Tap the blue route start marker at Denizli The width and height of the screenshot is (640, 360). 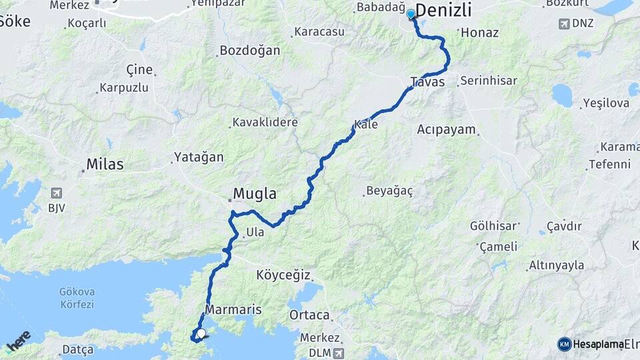[411, 13]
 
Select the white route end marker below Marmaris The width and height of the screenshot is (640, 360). [201, 333]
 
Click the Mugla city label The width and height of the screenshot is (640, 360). [254, 194]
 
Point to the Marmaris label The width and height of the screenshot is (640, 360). [233, 310]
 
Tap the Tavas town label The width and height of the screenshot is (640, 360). [427, 82]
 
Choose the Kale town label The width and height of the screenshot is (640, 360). [367, 125]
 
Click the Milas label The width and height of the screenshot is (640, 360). [105, 164]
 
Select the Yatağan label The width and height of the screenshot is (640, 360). [199, 157]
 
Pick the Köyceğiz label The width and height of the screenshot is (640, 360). [284, 274]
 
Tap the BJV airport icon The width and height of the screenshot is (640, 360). [55, 193]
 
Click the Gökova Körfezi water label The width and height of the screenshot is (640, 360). [77, 298]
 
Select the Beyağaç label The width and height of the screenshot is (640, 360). [389, 191]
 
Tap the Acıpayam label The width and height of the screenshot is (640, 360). [447, 129]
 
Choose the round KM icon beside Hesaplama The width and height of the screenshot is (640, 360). [564, 344]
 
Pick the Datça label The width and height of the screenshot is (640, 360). [78, 349]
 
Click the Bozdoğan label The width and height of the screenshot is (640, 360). [249, 51]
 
